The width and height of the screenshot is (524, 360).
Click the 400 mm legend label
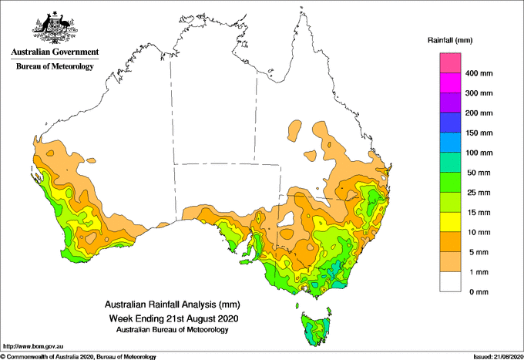pyautogui.click(x=479, y=73)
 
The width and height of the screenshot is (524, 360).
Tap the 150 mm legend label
pyautogui.click(x=479, y=133)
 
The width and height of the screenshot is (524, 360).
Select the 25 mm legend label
pyautogui.click(x=479, y=193)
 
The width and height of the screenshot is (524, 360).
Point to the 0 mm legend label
pyautogui.click(x=479, y=292)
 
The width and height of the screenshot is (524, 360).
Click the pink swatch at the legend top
pyautogui.click(x=450, y=63)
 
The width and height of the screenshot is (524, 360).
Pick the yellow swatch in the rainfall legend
pyautogui.click(x=450, y=222)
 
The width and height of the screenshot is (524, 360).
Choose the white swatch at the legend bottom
pyautogui.click(x=450, y=282)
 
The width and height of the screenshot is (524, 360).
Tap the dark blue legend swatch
pyautogui.click(x=450, y=123)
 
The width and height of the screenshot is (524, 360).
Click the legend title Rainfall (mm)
pyautogui.click(x=450, y=40)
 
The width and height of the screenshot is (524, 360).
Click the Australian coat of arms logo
pyautogui.click(x=55, y=28)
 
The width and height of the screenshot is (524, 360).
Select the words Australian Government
pyautogui.click(x=55, y=52)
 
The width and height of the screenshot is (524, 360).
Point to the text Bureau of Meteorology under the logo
pyautogui.click(x=55, y=66)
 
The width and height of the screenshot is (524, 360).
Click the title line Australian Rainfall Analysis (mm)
pyautogui.click(x=172, y=304)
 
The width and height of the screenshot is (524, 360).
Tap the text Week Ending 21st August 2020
pyautogui.click(x=173, y=318)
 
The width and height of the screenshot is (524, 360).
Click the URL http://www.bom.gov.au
pyautogui.click(x=33, y=346)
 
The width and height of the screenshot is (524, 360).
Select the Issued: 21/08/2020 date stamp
pyautogui.click(x=498, y=357)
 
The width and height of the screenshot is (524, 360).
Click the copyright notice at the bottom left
pyautogui.click(x=79, y=357)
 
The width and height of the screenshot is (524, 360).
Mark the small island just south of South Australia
pyautogui.click(x=248, y=262)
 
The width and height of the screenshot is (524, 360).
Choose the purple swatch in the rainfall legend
pyautogui.click(x=450, y=103)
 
